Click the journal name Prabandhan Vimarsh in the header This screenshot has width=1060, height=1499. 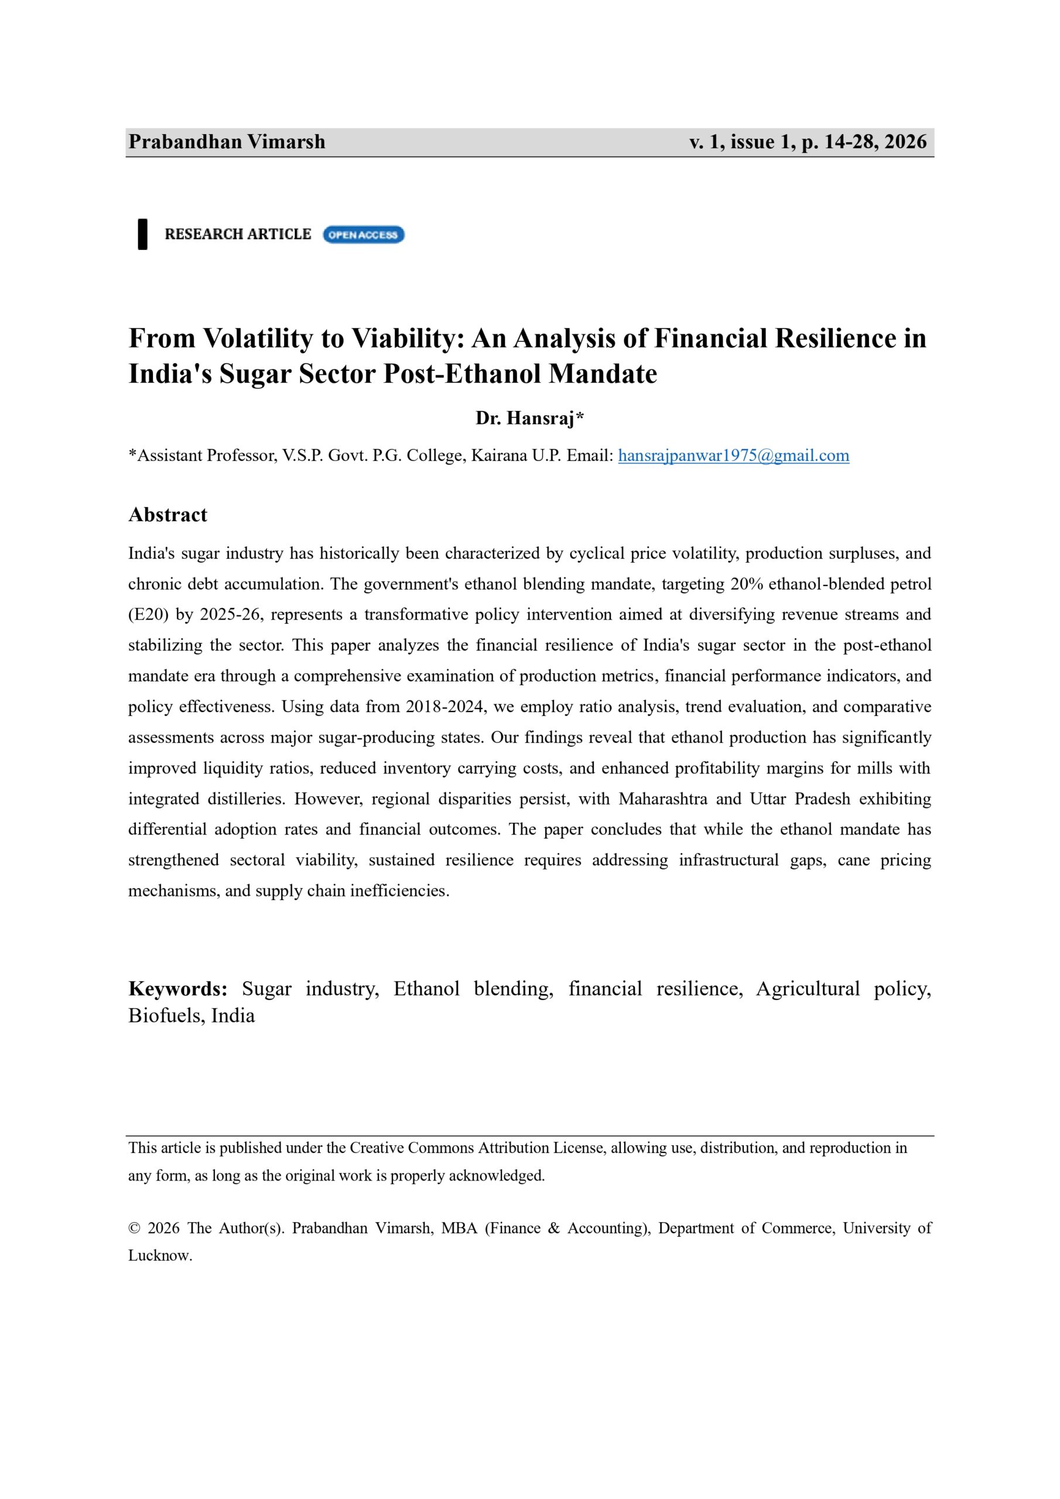point(227,142)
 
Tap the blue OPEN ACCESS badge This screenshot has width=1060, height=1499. point(363,234)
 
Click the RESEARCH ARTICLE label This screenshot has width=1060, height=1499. point(238,234)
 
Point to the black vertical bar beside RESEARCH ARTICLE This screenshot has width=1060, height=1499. point(142,234)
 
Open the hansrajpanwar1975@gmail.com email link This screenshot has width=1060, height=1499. point(733,455)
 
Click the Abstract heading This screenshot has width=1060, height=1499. point(168,515)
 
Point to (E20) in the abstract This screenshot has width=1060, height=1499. point(148,614)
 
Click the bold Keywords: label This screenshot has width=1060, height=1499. point(177,988)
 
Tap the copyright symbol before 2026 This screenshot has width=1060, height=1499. point(135,1228)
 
